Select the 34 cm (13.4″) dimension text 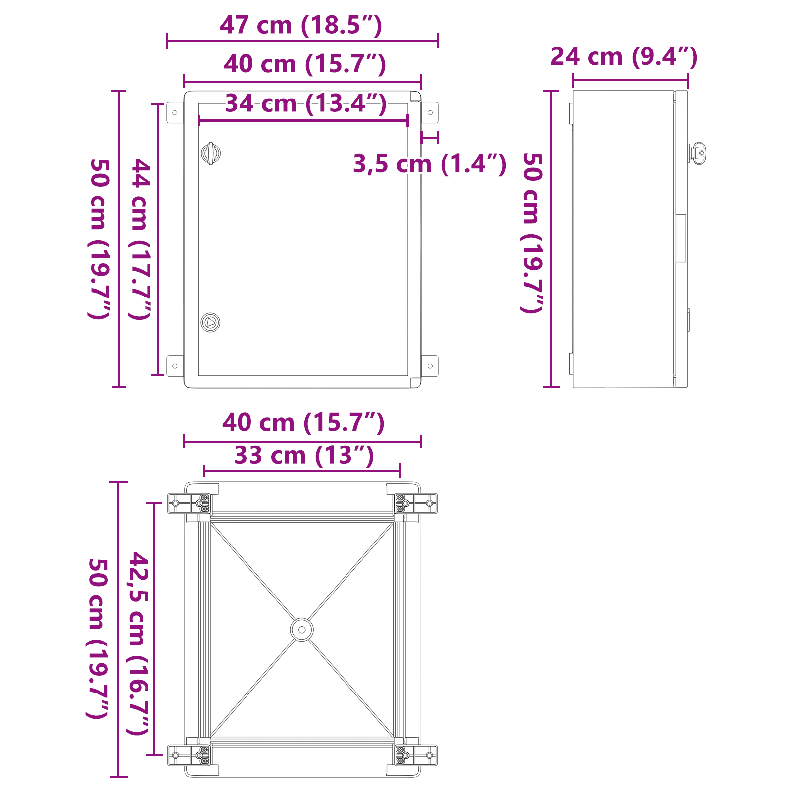tap(305, 104)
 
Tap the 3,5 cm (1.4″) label tap(430, 164)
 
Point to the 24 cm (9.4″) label tap(624, 57)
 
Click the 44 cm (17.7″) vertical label tap(141, 239)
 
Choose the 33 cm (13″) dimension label tap(304, 456)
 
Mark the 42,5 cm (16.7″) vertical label tap(139, 643)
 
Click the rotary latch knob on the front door tap(211, 153)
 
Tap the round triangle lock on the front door tap(210, 322)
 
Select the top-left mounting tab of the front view tap(175, 113)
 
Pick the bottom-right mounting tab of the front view tap(430, 366)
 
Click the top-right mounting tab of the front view tap(430, 113)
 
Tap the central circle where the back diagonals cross tap(301, 630)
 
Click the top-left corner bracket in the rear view tap(190, 503)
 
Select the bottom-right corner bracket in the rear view tap(415, 755)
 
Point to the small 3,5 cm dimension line tap(430, 137)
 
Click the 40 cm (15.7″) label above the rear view tap(303, 423)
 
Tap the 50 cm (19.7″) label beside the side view tap(533, 233)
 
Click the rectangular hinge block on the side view tap(681, 239)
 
